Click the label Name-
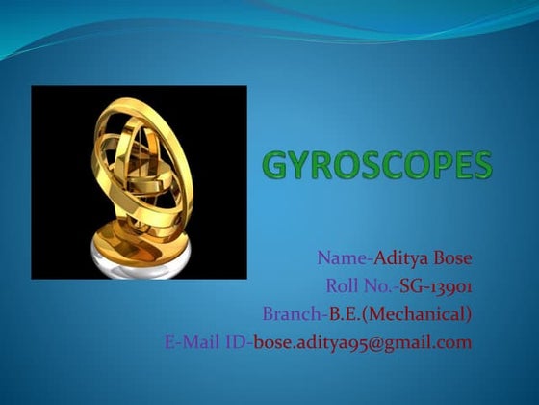click(x=345, y=259)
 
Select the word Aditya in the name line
click(x=399, y=259)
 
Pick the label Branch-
click(x=295, y=313)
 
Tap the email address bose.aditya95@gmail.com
click(x=363, y=342)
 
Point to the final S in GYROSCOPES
click(x=481, y=166)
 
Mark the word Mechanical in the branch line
click(x=418, y=314)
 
